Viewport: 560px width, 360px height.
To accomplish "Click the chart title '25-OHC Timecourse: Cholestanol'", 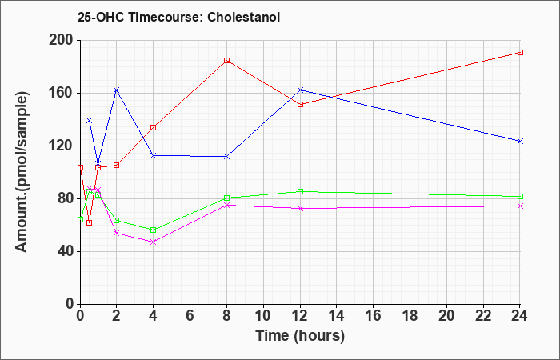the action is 178,17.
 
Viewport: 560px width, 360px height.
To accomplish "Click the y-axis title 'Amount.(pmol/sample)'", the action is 22,172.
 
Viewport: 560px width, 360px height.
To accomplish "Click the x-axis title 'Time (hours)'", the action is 300,336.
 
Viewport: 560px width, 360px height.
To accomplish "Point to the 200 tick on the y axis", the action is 60,40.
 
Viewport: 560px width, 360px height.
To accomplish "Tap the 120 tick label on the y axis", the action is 60,146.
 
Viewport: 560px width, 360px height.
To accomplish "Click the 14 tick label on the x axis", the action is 337,316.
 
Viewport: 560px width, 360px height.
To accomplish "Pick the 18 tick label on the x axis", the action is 410,316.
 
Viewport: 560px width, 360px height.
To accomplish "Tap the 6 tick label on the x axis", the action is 190,316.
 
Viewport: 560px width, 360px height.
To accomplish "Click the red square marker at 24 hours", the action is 520,53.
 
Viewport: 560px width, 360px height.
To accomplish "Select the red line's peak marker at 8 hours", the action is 226,60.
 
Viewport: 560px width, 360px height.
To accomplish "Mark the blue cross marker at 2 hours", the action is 117,90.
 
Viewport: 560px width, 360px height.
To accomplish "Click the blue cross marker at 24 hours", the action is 520,142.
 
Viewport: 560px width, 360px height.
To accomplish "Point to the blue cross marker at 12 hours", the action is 300,90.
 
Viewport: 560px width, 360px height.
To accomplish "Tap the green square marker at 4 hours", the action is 154,230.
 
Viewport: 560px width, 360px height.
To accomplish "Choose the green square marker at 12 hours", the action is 300,191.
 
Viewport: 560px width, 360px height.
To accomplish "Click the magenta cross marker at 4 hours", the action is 154,242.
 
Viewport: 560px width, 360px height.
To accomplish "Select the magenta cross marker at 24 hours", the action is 520,206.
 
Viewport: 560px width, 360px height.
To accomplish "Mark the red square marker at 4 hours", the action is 154,127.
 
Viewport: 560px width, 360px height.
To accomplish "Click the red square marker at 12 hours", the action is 300,104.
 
